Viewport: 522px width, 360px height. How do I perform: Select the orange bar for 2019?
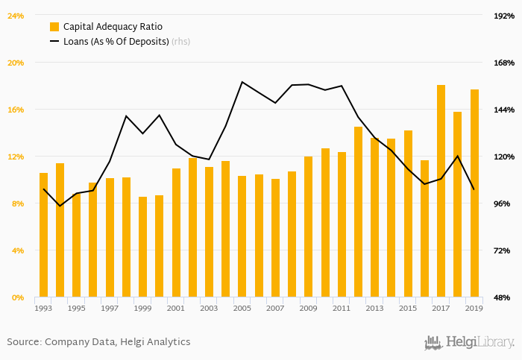[474, 193]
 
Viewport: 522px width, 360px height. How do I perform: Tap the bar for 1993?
[43, 235]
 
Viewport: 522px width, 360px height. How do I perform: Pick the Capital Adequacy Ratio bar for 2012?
[358, 212]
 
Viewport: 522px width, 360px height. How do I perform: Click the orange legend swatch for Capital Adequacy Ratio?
[54, 26]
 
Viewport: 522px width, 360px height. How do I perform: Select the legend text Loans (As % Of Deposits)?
[116, 42]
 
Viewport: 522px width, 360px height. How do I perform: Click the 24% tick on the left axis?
[16, 16]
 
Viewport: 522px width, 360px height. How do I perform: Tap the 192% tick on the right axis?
[504, 16]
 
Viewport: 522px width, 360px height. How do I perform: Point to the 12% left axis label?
[16, 157]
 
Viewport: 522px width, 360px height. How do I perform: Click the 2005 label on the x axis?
[242, 308]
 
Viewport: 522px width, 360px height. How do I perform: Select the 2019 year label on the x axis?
[474, 308]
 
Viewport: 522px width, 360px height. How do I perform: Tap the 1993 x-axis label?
[44, 308]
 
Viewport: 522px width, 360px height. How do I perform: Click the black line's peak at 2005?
[242, 82]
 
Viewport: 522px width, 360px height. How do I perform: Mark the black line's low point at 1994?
[60, 206]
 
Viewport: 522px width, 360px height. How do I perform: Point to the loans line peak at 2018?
[457, 156]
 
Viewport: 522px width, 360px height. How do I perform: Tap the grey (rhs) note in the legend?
[180, 42]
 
